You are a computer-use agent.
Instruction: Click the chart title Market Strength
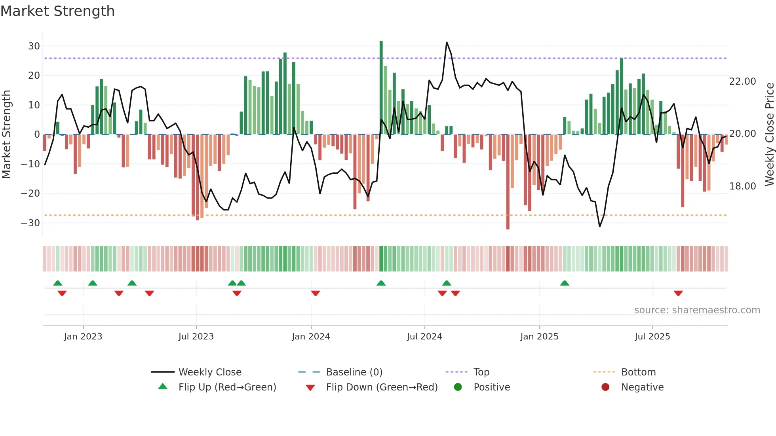pyautogui.click(x=57, y=11)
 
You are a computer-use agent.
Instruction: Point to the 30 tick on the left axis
pyautogui.click(x=34, y=46)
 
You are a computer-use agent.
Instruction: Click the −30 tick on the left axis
pyautogui.click(x=31, y=223)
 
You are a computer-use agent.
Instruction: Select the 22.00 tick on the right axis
pyautogui.click(x=742, y=81)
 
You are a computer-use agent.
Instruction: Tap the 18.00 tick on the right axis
pyautogui.click(x=742, y=186)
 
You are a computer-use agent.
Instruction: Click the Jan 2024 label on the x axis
pyautogui.click(x=311, y=337)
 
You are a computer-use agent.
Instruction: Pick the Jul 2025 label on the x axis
pyautogui.click(x=652, y=337)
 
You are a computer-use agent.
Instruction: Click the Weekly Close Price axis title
pyautogui.click(x=769, y=135)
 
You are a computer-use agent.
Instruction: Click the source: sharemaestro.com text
pyautogui.click(x=697, y=310)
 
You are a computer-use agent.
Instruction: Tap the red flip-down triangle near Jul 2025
pyautogui.click(x=678, y=293)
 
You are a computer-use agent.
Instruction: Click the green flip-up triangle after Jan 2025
pyautogui.click(x=565, y=283)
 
